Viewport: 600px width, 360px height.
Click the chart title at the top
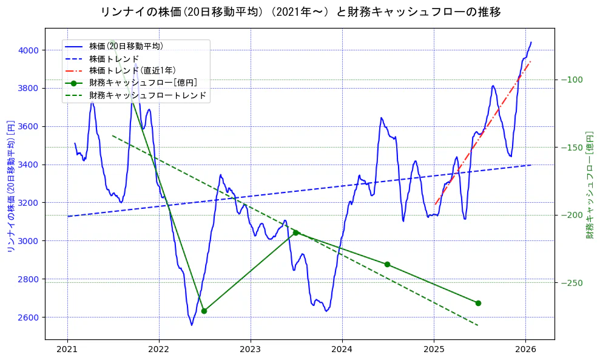click(300, 12)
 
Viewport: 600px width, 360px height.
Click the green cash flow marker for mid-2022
click(204, 311)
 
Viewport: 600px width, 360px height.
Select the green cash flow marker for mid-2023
click(295, 233)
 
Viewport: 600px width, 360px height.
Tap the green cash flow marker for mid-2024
click(387, 264)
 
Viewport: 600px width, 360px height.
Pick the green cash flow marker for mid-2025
click(478, 303)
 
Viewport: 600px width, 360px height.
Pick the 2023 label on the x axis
click(251, 350)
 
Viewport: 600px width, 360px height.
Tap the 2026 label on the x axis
click(525, 350)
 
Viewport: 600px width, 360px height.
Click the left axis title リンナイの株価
click(10, 186)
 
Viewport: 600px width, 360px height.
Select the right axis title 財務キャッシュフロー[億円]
click(589, 185)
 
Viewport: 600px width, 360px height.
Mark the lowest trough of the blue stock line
click(192, 325)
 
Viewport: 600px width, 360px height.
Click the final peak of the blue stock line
click(531, 42)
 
